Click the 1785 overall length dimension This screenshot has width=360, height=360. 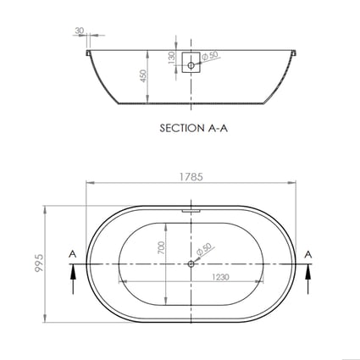coord(191,179)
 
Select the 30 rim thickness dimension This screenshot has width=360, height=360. coord(80,31)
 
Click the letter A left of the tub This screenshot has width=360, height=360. coord(75,253)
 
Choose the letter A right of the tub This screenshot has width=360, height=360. coord(309,253)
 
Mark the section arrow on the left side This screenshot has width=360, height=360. coord(75,271)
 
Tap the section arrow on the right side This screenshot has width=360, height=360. coord(309,271)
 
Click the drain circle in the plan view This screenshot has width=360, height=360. coord(191,263)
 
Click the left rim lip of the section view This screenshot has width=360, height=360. coord(89,52)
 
